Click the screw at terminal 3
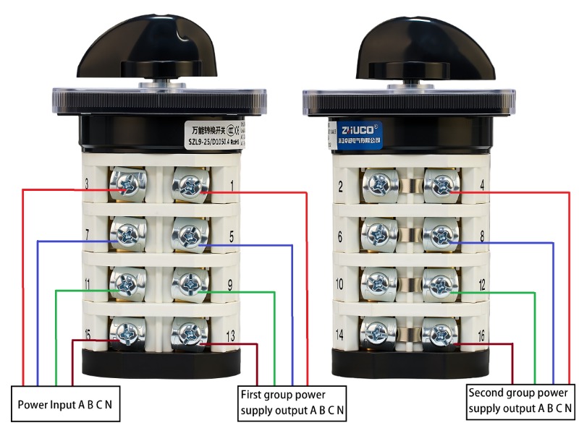point(127,187)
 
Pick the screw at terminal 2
point(379,186)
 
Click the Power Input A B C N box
point(66,404)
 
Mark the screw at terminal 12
point(439,285)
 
